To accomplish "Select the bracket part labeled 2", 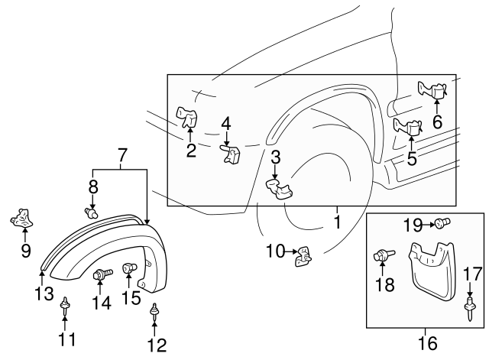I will (x=187, y=116).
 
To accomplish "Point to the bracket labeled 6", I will (x=433, y=91).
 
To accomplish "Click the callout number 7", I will (x=120, y=157).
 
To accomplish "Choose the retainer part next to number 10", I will (x=305, y=257).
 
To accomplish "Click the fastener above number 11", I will (x=66, y=305).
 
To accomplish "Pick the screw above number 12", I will (x=156, y=310).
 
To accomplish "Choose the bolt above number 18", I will (x=381, y=256).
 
